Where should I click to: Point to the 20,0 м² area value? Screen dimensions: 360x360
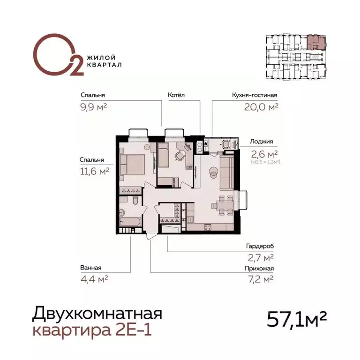click(x=261, y=107)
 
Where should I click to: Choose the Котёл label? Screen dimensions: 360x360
click(x=176, y=95)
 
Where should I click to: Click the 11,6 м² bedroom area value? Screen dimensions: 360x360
click(x=95, y=172)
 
